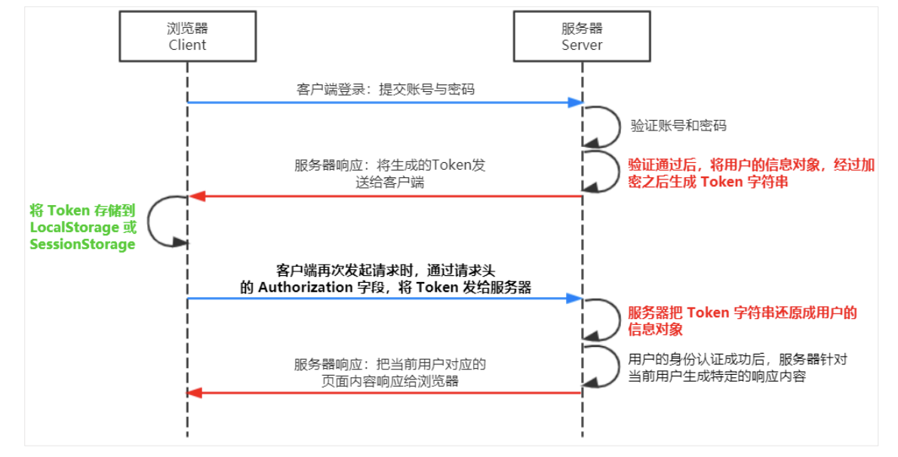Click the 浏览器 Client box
tap(187, 36)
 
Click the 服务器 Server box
tap(582, 36)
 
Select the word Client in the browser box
tap(187, 44)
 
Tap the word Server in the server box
tap(582, 44)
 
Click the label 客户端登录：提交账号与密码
tap(386, 89)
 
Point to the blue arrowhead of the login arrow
tap(577, 102)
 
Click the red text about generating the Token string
tap(751, 173)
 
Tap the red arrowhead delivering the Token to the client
tap(194, 197)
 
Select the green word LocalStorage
tap(74, 227)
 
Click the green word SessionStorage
tap(82, 244)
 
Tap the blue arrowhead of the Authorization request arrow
tap(577, 299)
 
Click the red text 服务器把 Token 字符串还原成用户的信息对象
tap(742, 321)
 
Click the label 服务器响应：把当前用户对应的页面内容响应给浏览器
tap(389, 373)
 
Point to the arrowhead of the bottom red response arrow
tap(194, 393)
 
